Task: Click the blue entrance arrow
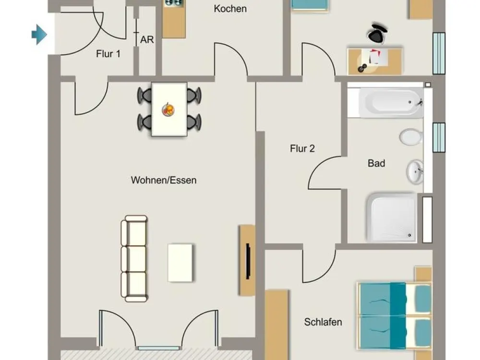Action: click(39, 35)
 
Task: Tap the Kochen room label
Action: click(230, 9)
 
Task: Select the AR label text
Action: click(147, 39)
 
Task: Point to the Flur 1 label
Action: click(108, 54)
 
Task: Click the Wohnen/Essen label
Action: click(164, 180)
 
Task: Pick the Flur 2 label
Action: click(302, 148)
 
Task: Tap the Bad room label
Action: click(376, 163)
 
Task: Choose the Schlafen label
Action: click(323, 322)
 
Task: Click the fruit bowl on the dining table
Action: click(168, 109)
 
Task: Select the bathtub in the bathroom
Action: click(391, 102)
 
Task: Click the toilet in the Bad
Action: click(411, 137)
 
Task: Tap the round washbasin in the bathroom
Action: click(415, 172)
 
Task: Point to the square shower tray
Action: click(392, 217)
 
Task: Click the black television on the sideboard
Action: click(248, 261)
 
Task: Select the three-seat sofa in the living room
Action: click(134, 259)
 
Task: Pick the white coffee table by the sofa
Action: click(180, 263)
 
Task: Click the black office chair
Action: click(377, 33)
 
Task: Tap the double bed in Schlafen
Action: click(395, 316)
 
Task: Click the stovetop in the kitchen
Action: click(174, 3)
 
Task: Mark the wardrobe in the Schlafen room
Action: click(277, 324)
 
